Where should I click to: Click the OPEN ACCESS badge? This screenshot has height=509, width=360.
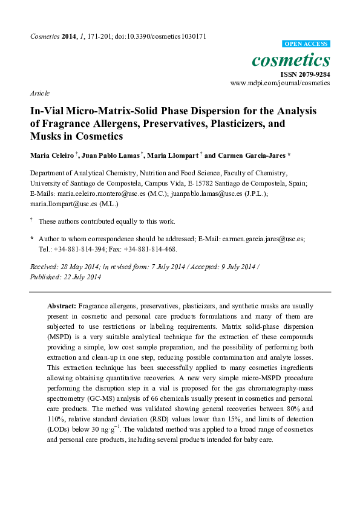coord(307,44)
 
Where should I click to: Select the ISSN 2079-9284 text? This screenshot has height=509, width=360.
coord(305,74)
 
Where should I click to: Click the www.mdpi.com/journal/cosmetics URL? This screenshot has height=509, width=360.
coord(280,83)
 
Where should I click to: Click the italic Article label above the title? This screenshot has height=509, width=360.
coord(39,93)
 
